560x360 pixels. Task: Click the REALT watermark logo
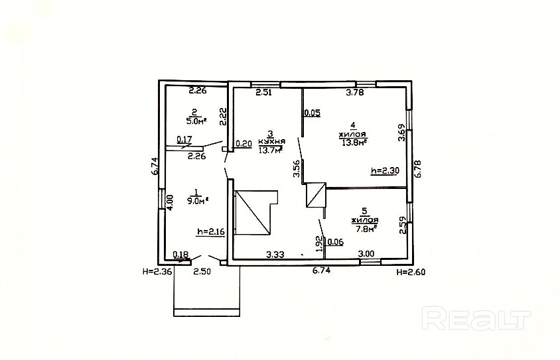[477, 319]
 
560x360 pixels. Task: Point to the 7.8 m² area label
[366, 229]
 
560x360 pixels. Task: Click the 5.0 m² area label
[195, 121]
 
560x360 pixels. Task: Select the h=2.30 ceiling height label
[384, 170]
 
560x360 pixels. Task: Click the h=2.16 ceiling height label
[210, 232]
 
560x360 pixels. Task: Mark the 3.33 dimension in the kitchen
[275, 253]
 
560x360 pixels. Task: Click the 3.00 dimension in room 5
[366, 253]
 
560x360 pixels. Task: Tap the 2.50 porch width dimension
[202, 271]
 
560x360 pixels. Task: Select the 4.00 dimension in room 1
[169, 202]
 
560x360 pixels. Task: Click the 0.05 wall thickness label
[313, 112]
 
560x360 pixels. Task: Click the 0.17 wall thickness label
[184, 140]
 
